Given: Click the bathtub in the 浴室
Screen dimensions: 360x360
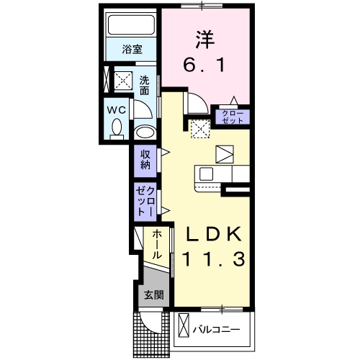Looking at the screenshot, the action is (x=131, y=25).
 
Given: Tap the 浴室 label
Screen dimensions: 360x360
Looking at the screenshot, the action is (x=132, y=49).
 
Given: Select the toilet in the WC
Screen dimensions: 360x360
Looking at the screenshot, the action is (x=117, y=129).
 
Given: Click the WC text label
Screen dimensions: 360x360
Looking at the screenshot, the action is (x=117, y=110).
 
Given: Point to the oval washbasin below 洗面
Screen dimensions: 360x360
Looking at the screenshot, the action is (x=145, y=132).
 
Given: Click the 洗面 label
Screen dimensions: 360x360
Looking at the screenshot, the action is (x=145, y=85).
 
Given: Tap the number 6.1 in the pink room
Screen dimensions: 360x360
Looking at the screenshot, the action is (x=204, y=66).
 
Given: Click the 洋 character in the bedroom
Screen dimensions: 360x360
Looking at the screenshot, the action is (x=204, y=39).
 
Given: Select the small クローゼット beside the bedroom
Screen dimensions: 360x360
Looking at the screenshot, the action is (x=233, y=117).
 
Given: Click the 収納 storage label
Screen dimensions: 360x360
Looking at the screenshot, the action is (x=145, y=159).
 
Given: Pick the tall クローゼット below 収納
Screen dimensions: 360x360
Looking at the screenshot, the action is (x=145, y=202).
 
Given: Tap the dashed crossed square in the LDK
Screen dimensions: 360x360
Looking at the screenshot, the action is (x=201, y=129).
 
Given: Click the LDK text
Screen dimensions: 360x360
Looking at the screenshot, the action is (x=214, y=234).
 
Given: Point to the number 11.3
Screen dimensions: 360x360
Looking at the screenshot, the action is (x=214, y=259).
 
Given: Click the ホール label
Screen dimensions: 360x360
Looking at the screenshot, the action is (x=156, y=244).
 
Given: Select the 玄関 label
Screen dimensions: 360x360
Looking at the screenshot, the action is (x=154, y=294).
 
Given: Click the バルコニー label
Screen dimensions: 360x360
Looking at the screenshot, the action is (x=217, y=329).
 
